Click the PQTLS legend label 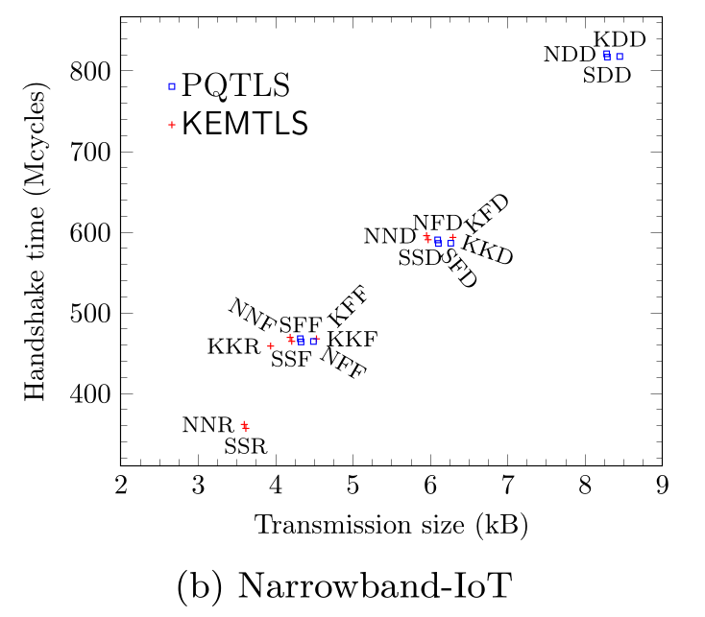(235, 86)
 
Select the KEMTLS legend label (244, 124)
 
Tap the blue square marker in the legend (172, 86)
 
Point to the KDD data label (619, 39)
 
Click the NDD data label (570, 55)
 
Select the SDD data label (607, 75)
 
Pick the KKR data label (233, 346)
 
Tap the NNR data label (208, 424)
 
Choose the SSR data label (245, 446)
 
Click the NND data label (390, 236)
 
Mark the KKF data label (352, 339)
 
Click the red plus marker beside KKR (271, 345)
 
